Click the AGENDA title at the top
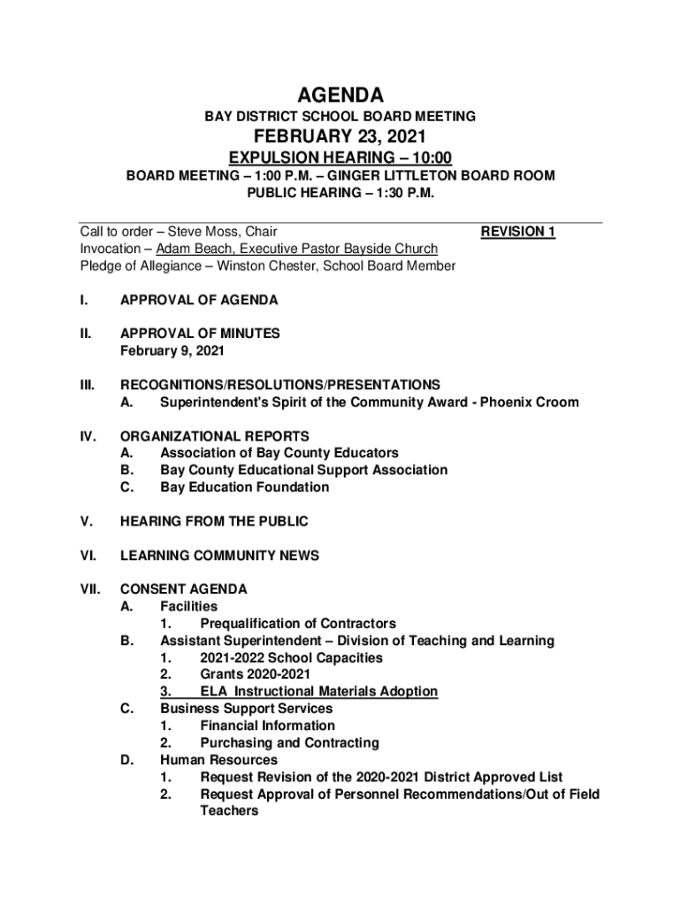click(x=340, y=95)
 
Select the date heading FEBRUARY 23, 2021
click(x=340, y=136)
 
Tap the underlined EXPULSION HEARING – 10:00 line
click(x=340, y=157)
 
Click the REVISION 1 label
click(x=517, y=232)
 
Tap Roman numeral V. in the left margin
click(x=86, y=522)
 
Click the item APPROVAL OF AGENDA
click(x=199, y=300)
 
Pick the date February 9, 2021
click(x=172, y=351)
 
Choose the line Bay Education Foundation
click(x=244, y=488)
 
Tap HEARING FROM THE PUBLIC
click(x=214, y=522)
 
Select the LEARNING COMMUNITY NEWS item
click(x=219, y=556)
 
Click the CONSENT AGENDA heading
click(x=183, y=589)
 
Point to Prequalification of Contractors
click(x=298, y=624)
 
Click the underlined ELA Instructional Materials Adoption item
click(x=318, y=692)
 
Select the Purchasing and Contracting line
click(x=289, y=743)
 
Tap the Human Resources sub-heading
click(x=218, y=760)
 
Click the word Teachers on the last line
click(x=229, y=810)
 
